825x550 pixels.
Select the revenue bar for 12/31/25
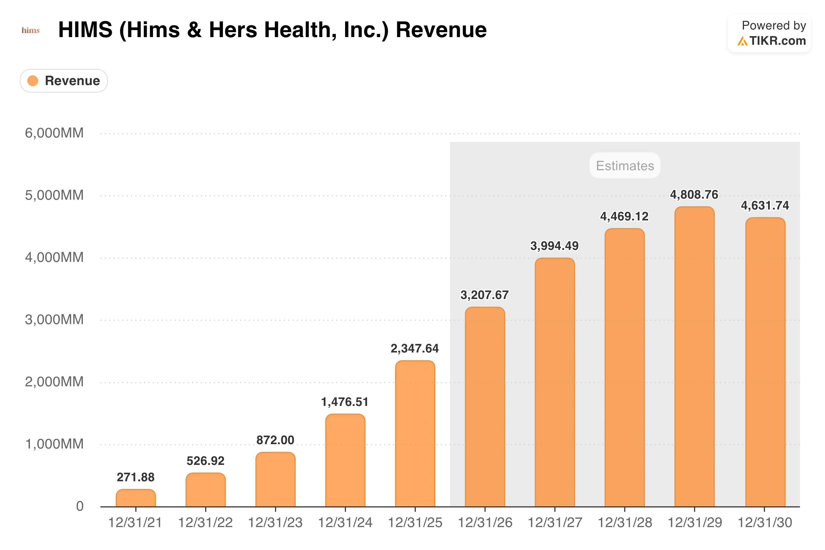coord(415,434)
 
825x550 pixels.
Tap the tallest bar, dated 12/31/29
coord(695,357)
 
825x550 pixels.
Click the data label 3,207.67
coord(485,295)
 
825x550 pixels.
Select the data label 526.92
coord(205,461)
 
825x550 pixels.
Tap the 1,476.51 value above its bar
coord(345,402)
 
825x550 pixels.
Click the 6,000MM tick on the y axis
coord(54,133)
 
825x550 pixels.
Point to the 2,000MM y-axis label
coord(54,382)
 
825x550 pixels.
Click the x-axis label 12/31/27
coord(555,523)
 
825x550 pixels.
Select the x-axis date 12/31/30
coord(765,523)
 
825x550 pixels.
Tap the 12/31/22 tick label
coord(205,523)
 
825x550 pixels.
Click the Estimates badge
coord(625,166)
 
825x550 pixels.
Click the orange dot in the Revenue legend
coord(33,81)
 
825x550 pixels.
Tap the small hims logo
coord(31,31)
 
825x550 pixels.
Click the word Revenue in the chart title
coord(441,30)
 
